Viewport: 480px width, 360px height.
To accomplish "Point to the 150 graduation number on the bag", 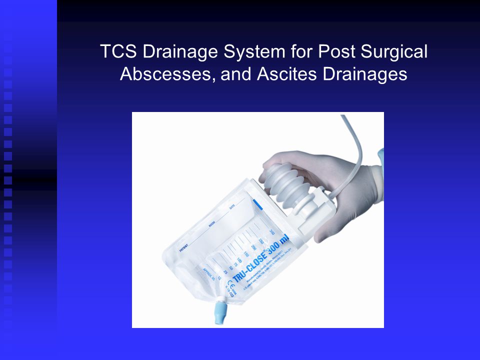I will click(x=245, y=255).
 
